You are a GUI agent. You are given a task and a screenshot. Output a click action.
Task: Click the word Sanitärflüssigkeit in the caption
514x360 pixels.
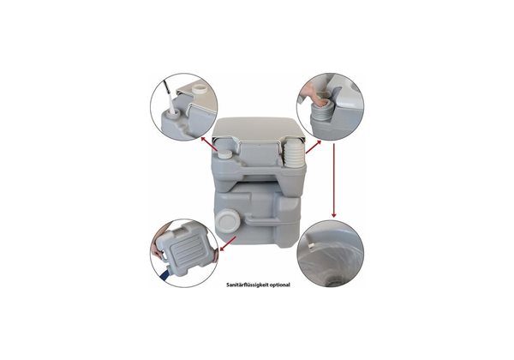click(x=246, y=285)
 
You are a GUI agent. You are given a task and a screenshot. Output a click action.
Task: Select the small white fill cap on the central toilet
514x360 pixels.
click(x=225, y=154)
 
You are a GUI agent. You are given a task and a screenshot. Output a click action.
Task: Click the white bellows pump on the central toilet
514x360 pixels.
click(x=294, y=153)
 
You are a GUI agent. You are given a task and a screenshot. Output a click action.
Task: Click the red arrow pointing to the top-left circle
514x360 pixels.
click(x=209, y=145)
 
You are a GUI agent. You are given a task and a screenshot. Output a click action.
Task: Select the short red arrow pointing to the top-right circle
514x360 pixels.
click(x=313, y=147)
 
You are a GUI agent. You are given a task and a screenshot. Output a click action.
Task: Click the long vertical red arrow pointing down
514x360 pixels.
click(x=334, y=179)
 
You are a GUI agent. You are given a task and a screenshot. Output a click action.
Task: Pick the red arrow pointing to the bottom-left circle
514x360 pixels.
click(x=228, y=243)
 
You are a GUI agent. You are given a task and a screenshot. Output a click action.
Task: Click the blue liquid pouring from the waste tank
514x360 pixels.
click(x=166, y=273)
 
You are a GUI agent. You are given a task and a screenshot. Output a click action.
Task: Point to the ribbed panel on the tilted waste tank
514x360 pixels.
click(x=189, y=251)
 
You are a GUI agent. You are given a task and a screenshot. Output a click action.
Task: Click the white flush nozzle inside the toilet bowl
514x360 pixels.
click(x=311, y=246)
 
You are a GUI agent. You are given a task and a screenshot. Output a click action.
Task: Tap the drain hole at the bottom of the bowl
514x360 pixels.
click(x=334, y=282)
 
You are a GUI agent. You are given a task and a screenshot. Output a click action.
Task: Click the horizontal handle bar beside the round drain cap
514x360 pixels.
click(x=261, y=220)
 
